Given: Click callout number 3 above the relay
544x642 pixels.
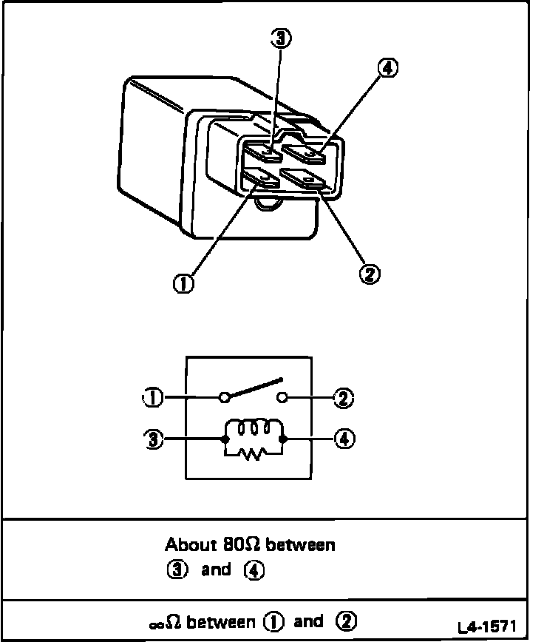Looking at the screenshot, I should point(280,38).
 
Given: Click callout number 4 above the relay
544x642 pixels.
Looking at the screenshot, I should point(387,68).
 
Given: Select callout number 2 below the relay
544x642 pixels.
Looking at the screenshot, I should point(368,274).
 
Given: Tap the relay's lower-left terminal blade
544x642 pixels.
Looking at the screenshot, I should point(260,178).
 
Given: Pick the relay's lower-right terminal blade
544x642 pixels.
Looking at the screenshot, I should point(304,180).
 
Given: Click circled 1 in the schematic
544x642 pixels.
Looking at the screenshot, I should point(154,398).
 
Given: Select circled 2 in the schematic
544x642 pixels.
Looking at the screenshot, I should point(342,399).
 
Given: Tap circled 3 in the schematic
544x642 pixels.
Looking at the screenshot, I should point(154,438).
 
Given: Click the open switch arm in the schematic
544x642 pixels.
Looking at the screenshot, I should point(255,389).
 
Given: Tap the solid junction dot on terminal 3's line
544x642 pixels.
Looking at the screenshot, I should point(225,439).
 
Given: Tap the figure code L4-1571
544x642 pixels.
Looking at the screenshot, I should point(486,628).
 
